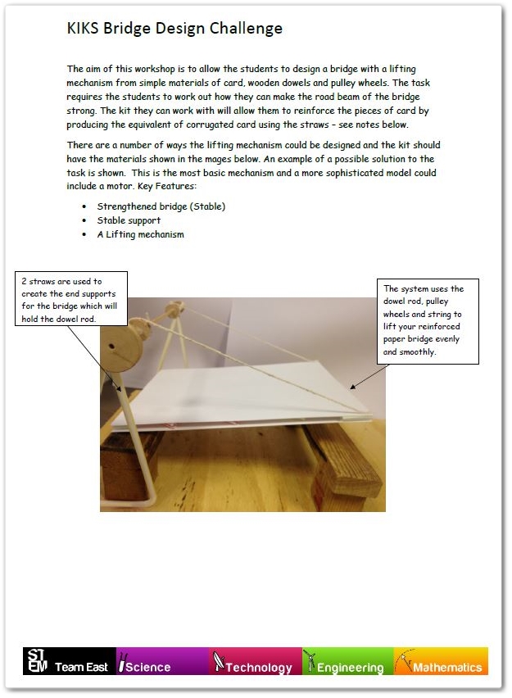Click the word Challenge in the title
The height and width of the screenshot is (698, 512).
(x=244, y=29)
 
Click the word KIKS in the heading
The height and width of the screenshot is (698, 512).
(x=83, y=29)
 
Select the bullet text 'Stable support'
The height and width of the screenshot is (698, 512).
(x=129, y=220)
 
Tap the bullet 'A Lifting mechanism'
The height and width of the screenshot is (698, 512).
(x=140, y=234)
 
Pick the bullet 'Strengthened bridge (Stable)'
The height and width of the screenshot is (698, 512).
(x=161, y=206)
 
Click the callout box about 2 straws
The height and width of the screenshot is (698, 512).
(x=71, y=299)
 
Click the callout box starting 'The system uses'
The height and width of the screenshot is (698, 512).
(x=427, y=320)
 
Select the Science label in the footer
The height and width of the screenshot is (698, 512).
(x=147, y=667)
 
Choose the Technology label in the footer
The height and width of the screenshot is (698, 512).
(x=257, y=667)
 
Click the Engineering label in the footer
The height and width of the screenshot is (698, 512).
(x=349, y=667)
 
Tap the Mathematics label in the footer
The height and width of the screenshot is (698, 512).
(x=446, y=667)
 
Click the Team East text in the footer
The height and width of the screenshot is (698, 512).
(x=81, y=667)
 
